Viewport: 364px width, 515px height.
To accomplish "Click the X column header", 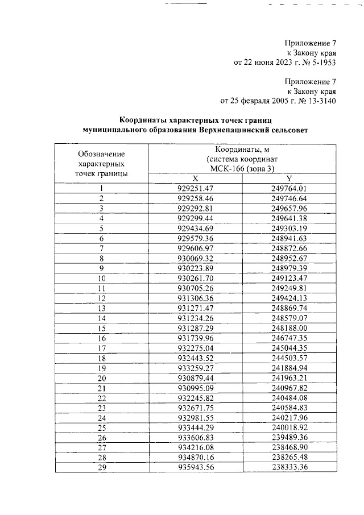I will tap(195, 178).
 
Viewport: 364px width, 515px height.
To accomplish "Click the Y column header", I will tap(289, 178).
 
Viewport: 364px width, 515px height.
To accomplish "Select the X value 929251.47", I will tap(195, 189).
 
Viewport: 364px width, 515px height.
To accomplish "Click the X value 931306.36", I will tap(195, 298).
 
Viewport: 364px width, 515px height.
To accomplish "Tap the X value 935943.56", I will tap(195, 468).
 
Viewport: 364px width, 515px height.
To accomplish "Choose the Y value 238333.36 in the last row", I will tap(289, 468).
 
